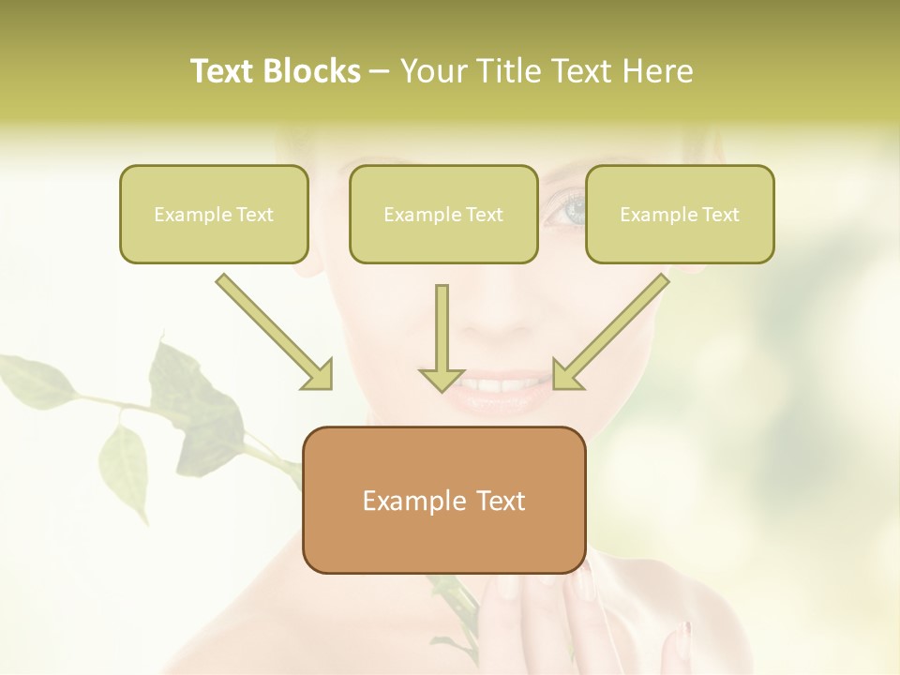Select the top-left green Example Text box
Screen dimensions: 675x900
pyautogui.click(x=214, y=214)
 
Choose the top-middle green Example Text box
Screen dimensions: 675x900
pyautogui.click(x=443, y=214)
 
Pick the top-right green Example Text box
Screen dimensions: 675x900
pyautogui.click(x=680, y=214)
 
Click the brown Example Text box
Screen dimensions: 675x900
pyautogui.click(x=443, y=500)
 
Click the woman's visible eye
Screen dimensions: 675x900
pyautogui.click(x=564, y=208)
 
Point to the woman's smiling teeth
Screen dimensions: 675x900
pyautogui.click(x=497, y=385)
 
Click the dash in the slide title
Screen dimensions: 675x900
pyautogui.click(x=380, y=72)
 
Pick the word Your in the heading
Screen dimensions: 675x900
pyautogui.click(x=434, y=71)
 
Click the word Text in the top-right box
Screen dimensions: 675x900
pyautogui.click(x=719, y=214)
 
